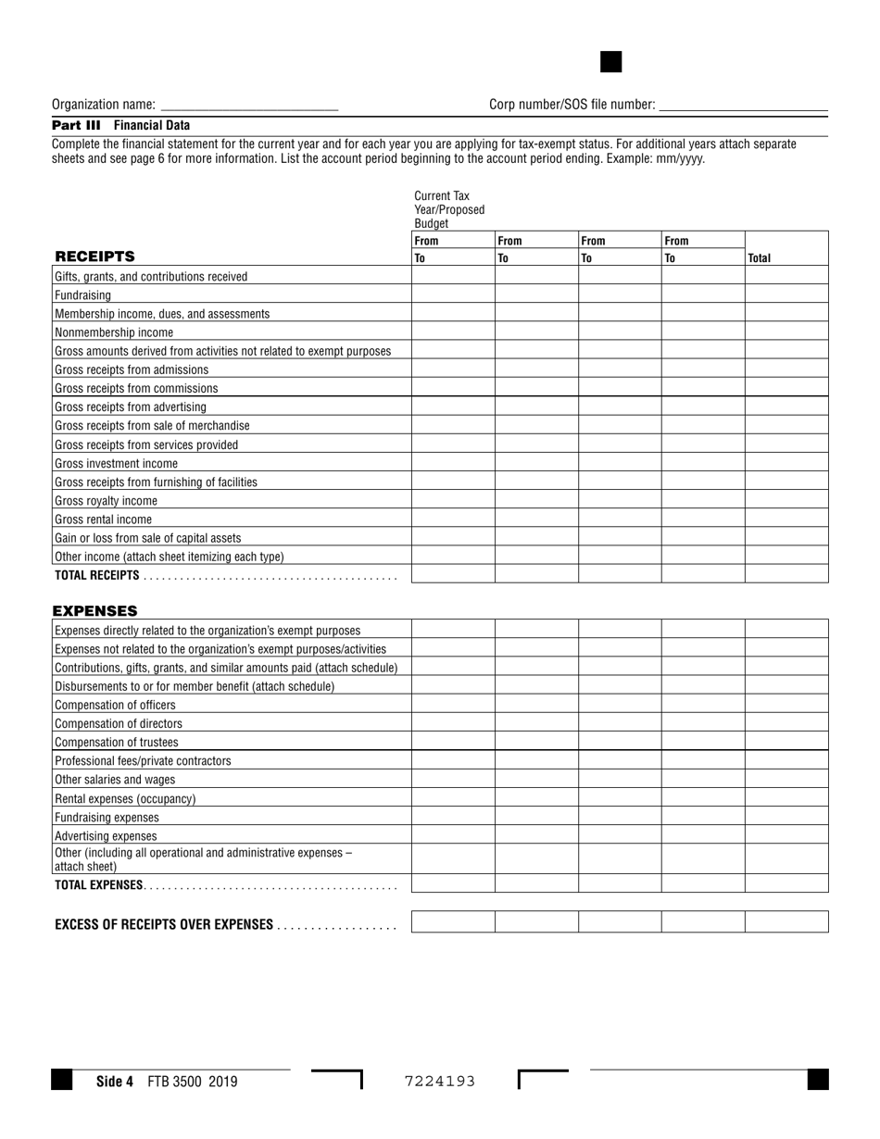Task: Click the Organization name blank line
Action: pyautogui.click(x=249, y=106)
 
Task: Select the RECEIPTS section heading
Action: pyautogui.click(x=94, y=257)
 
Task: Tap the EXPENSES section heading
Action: pyautogui.click(x=94, y=610)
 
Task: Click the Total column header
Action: pyautogui.click(x=759, y=258)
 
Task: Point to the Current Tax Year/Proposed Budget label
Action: pyautogui.click(x=449, y=209)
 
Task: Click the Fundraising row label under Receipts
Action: pyautogui.click(x=83, y=295)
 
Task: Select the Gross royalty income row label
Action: pyautogui.click(x=106, y=501)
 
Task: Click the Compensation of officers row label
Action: pyautogui.click(x=115, y=705)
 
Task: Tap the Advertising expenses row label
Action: pyautogui.click(x=106, y=835)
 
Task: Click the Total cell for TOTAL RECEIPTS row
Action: pyautogui.click(x=786, y=574)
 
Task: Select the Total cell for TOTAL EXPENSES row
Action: pyautogui.click(x=786, y=883)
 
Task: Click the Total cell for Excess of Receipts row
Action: pyautogui.click(x=786, y=922)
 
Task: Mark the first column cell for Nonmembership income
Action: pyautogui.click(x=453, y=332)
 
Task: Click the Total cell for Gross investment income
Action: pyautogui.click(x=786, y=463)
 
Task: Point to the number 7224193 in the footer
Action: pyautogui.click(x=440, y=1081)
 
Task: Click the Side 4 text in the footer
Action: pyautogui.click(x=115, y=1081)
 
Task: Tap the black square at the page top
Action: pyautogui.click(x=611, y=62)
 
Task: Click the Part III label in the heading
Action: pyautogui.click(x=76, y=125)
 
